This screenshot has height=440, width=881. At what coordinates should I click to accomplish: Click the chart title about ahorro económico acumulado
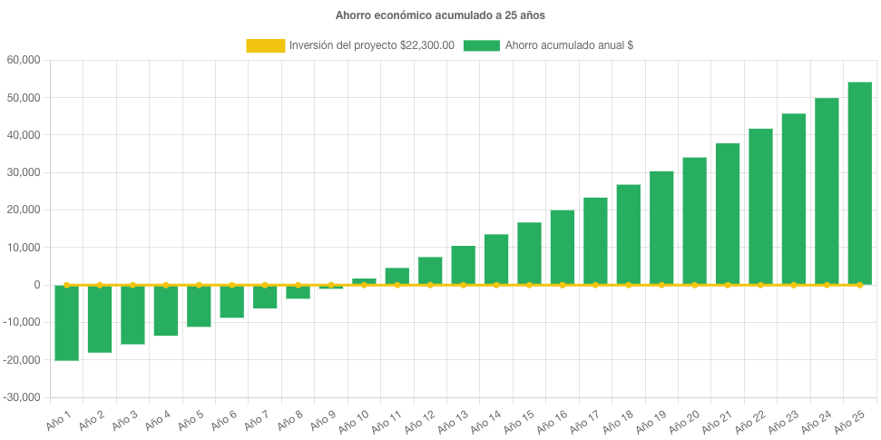tap(440, 15)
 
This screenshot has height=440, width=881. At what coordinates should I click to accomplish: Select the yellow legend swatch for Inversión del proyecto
tap(264, 45)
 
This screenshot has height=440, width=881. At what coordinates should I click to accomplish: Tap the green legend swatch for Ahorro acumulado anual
tap(481, 45)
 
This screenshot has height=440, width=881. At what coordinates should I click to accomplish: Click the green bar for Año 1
tap(66, 323)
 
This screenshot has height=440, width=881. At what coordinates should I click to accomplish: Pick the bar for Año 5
tap(199, 306)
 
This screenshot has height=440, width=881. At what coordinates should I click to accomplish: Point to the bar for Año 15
tap(529, 254)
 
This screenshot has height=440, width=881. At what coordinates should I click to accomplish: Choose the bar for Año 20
tap(694, 221)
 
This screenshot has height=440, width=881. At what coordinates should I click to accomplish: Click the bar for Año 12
tap(430, 271)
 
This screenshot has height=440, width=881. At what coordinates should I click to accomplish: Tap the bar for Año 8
tap(298, 292)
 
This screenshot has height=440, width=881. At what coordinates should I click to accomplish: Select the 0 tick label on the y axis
tap(37, 285)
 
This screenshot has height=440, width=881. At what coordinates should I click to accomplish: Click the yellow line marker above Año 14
tap(496, 285)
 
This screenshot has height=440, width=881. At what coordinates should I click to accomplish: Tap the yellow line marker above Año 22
tap(760, 285)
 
